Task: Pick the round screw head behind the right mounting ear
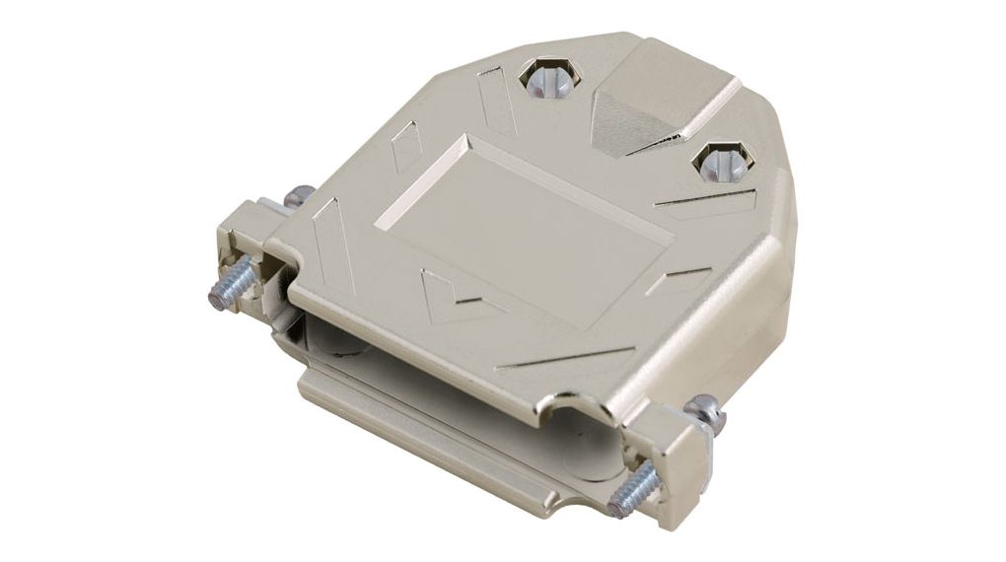point(706,406)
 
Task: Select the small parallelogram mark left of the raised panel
point(405,153)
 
